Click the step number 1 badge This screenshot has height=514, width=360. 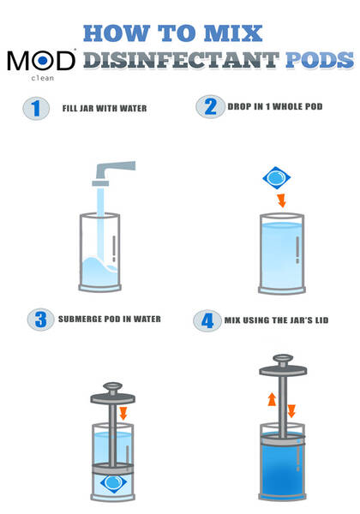[x=36, y=109]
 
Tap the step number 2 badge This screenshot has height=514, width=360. [x=211, y=106]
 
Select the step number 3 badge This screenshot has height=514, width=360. [x=40, y=320]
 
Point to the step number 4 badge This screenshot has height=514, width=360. [x=207, y=321]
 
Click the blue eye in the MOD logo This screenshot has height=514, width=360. [x=43, y=60]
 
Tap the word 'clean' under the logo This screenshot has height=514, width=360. [x=42, y=78]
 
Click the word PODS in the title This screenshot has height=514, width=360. [x=320, y=60]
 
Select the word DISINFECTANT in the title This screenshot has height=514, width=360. [x=182, y=60]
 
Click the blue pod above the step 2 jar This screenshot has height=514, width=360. [x=276, y=177]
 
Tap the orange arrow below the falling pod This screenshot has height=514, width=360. [x=281, y=200]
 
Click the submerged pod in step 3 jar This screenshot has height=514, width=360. [x=113, y=483]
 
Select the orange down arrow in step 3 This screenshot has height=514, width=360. [x=123, y=413]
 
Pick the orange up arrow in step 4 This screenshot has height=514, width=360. [x=272, y=399]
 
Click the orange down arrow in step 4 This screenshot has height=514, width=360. [x=291, y=411]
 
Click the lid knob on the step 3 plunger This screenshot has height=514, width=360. [x=113, y=389]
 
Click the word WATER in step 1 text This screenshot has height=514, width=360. [x=133, y=109]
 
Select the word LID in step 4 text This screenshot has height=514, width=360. [x=321, y=320]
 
